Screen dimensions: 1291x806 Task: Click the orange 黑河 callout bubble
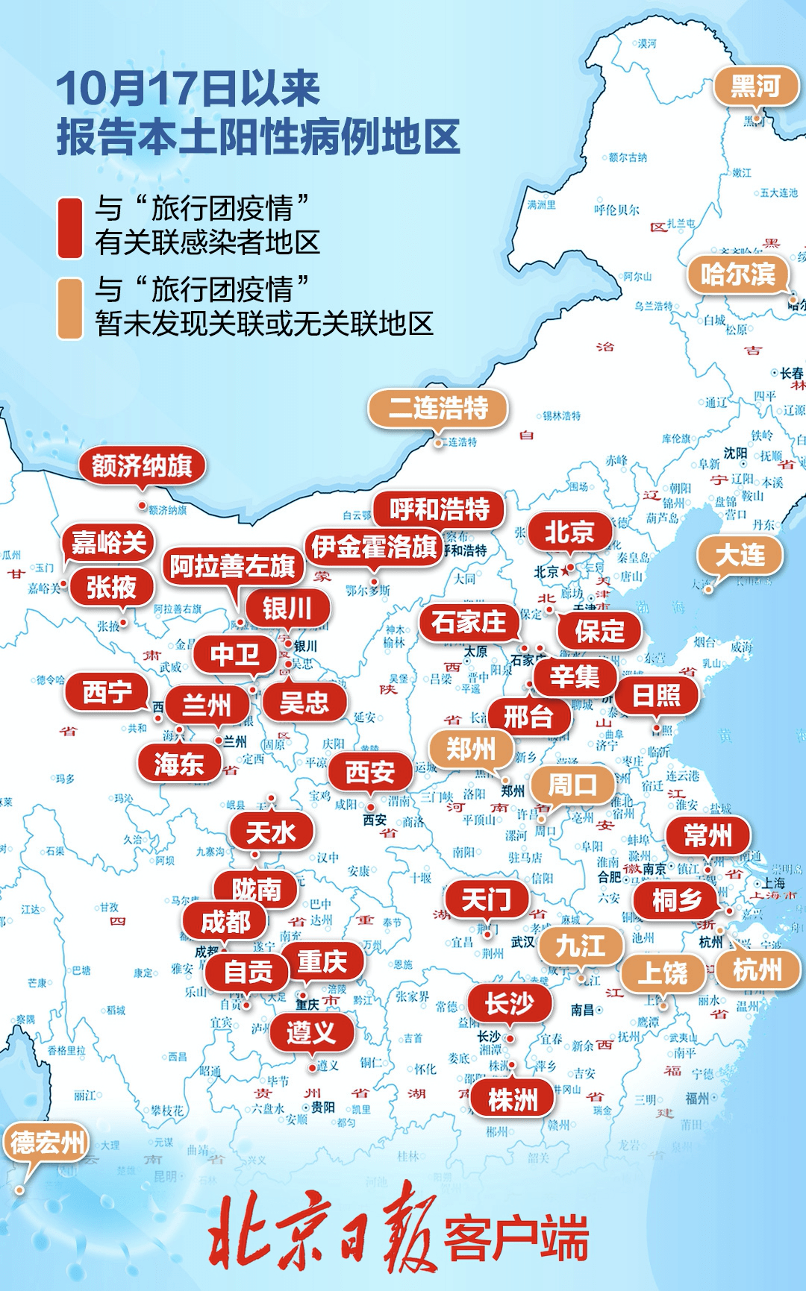(755, 87)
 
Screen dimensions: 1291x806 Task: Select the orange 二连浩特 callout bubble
(438, 408)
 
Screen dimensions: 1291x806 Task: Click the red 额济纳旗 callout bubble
(142, 466)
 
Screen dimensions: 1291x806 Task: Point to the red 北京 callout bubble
(569, 532)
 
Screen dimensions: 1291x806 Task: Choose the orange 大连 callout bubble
(740, 555)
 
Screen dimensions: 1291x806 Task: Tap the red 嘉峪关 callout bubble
(108, 542)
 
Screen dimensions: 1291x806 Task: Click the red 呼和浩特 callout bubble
(439, 509)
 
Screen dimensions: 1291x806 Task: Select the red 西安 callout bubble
(369, 772)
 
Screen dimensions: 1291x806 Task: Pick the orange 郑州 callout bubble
(470, 748)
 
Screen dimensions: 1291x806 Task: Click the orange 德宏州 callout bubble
(46, 1142)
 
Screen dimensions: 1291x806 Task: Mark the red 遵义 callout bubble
(310, 1032)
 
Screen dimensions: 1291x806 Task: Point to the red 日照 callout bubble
(656, 695)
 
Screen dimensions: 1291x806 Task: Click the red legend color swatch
(70, 227)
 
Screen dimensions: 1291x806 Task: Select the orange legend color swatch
(70, 309)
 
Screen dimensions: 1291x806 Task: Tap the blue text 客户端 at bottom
(516, 1238)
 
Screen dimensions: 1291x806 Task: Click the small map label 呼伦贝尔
(616, 210)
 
